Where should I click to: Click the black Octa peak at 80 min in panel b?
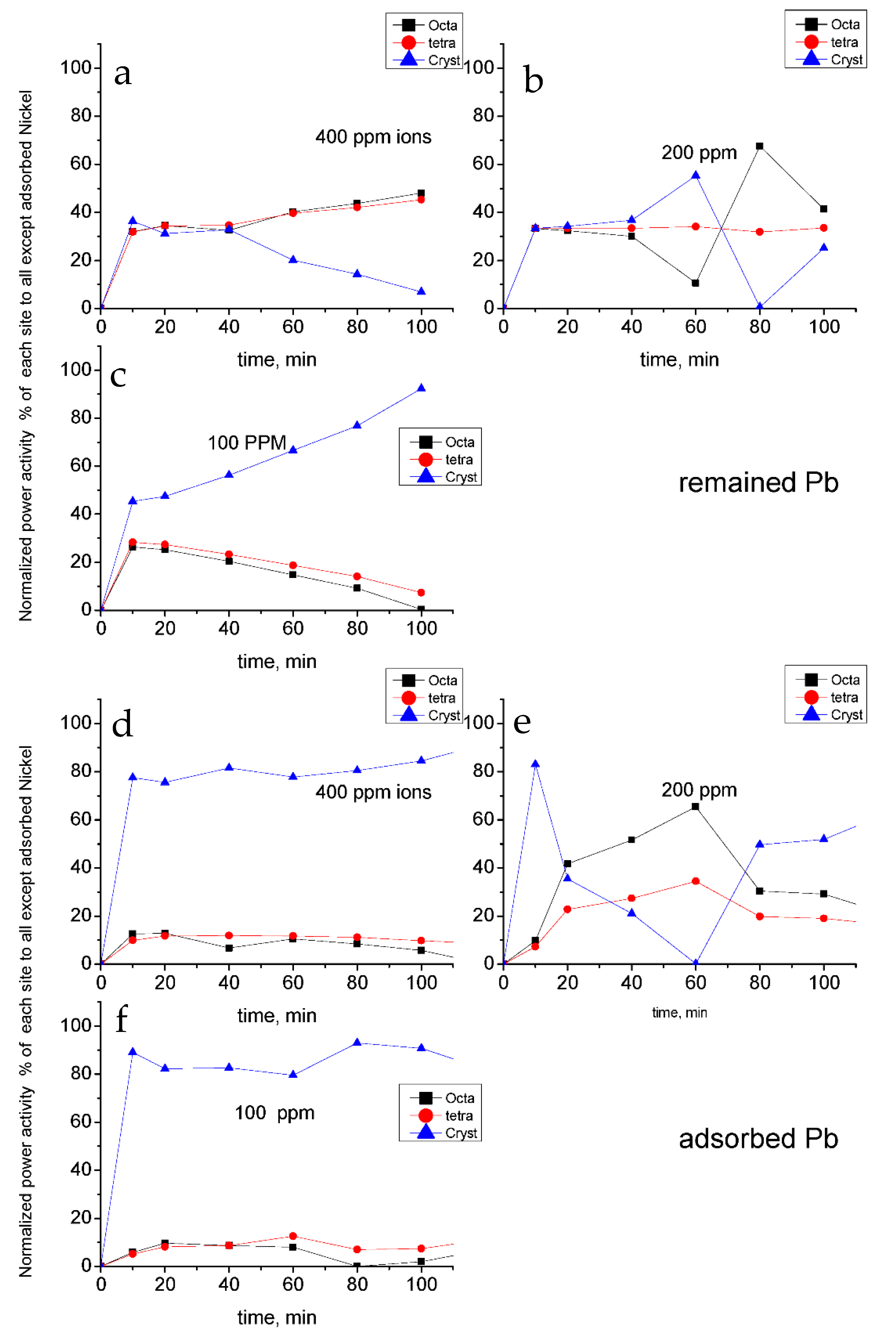[x=759, y=146]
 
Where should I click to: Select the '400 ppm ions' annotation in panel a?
[x=373, y=137]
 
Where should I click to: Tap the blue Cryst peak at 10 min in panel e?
[x=535, y=764]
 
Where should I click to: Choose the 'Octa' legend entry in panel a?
[x=442, y=25]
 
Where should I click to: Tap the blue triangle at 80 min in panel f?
[x=357, y=1043]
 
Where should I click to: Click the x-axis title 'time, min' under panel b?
[x=679, y=360]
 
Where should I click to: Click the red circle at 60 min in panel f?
[x=293, y=1236]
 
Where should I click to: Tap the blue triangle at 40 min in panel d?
[x=229, y=767]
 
